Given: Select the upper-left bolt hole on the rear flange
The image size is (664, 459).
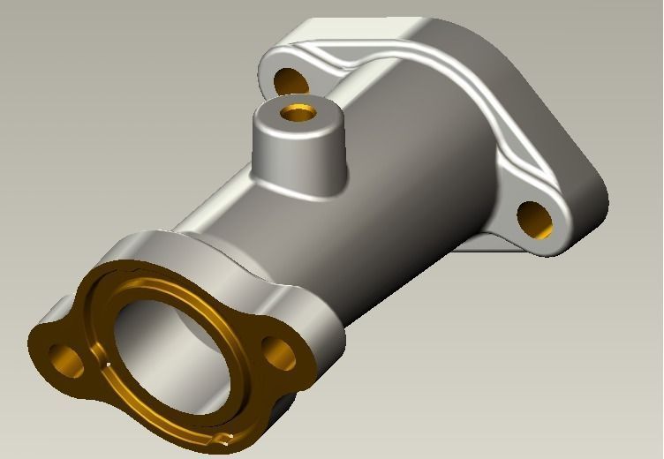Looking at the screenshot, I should pos(290,81).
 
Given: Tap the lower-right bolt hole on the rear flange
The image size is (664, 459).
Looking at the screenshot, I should pos(535,220).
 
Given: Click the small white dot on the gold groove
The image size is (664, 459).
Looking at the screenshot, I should pos(107,363).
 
